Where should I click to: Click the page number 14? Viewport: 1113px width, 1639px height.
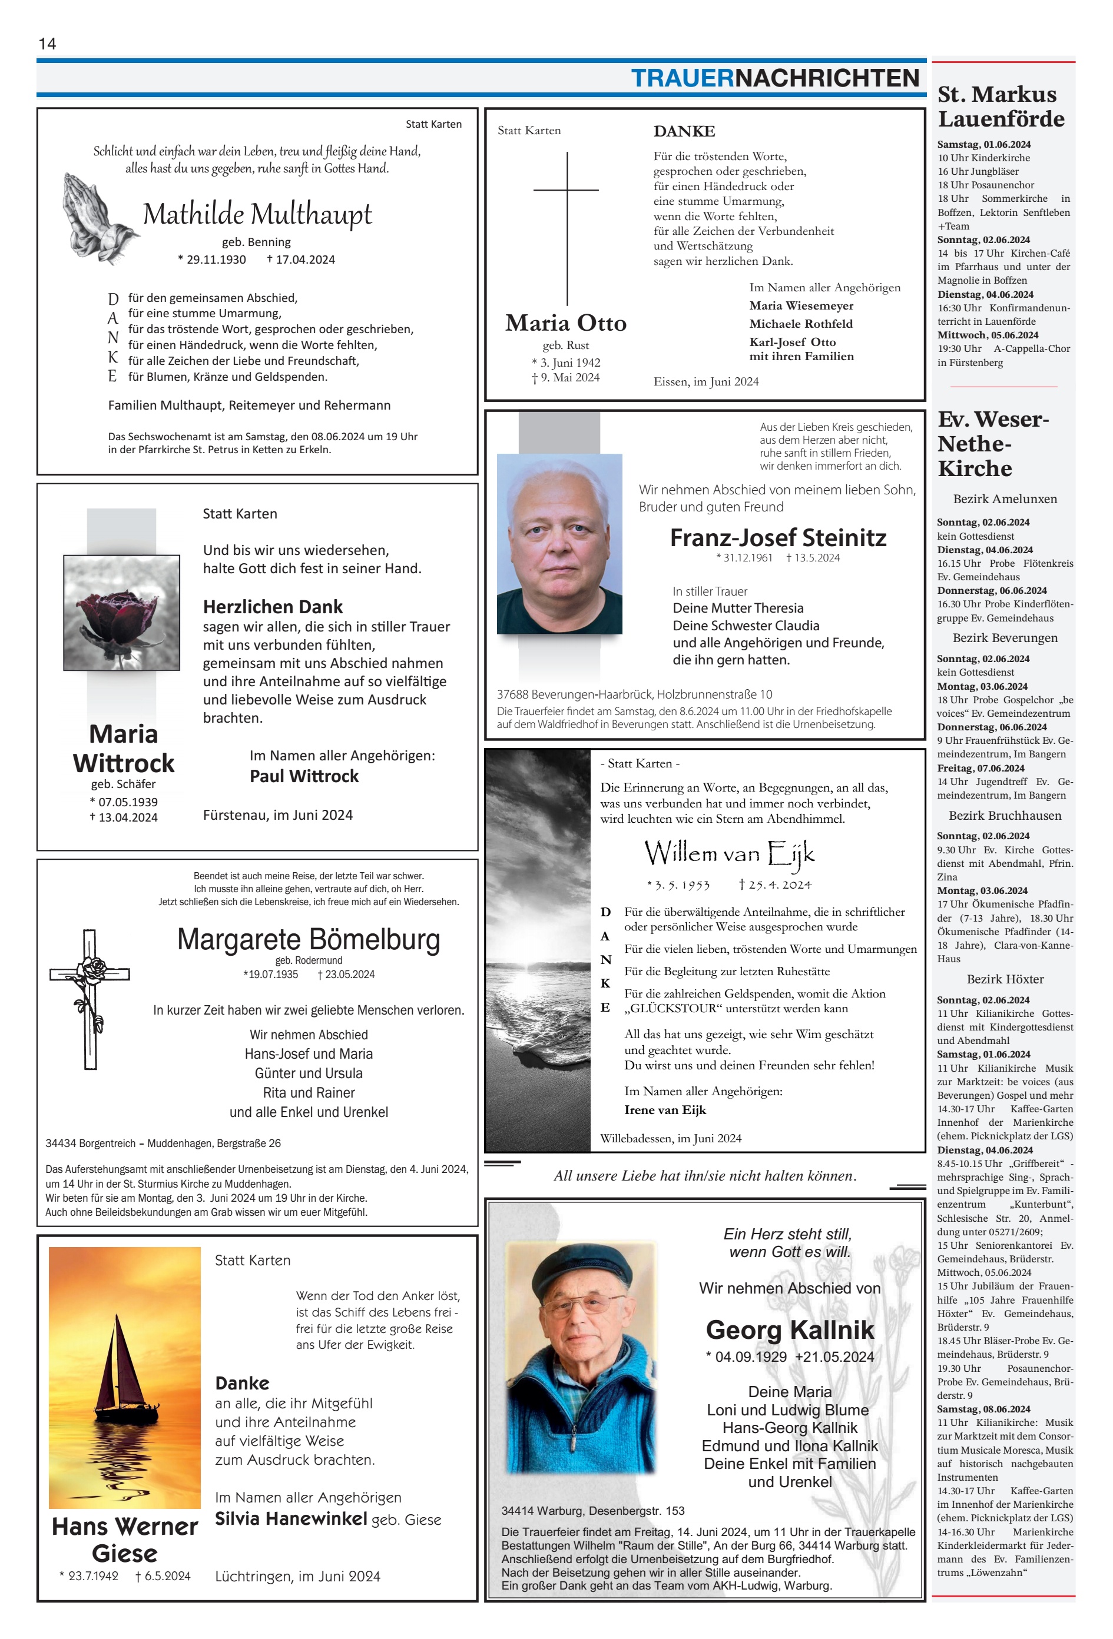(x=47, y=44)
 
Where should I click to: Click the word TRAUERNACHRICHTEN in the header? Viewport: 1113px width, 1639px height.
(x=774, y=78)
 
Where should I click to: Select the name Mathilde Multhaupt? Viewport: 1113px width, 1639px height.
(x=257, y=214)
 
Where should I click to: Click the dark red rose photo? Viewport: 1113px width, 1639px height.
(x=121, y=612)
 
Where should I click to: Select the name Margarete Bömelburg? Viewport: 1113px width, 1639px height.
(x=309, y=939)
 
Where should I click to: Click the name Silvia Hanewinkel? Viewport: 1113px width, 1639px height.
(x=291, y=1518)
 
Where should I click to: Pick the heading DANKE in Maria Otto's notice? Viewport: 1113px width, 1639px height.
(x=684, y=131)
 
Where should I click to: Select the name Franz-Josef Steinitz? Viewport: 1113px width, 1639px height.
(x=778, y=537)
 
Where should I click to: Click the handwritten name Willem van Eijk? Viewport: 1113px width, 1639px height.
(x=728, y=853)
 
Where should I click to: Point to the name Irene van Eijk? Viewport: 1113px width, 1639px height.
(x=665, y=1109)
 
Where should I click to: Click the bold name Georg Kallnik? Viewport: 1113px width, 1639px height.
(x=790, y=1329)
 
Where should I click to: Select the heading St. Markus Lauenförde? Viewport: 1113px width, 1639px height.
(x=1000, y=107)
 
